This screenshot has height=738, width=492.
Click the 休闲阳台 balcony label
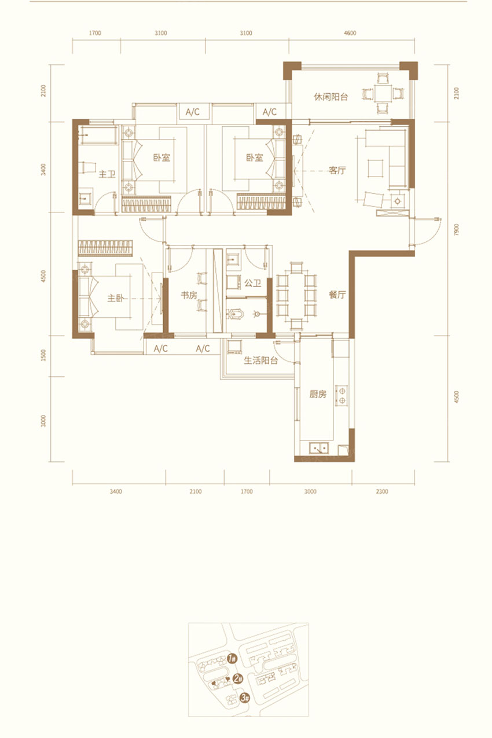pyautogui.click(x=331, y=97)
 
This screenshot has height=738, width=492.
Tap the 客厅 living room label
pyautogui.click(x=337, y=170)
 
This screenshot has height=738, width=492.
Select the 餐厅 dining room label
pyautogui.click(x=337, y=295)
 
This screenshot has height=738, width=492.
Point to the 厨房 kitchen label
pyautogui.click(x=318, y=394)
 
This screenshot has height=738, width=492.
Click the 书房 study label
pyautogui.click(x=189, y=295)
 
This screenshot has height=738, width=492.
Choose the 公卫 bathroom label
pyautogui.click(x=253, y=282)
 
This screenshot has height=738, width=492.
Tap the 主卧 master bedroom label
pyautogui.click(x=116, y=298)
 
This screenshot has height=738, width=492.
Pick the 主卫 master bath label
pyautogui.click(x=107, y=174)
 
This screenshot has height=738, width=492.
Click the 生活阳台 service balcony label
pyautogui.click(x=260, y=361)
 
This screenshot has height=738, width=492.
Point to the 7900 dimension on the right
pyautogui.click(x=456, y=230)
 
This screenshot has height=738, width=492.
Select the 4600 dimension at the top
pyautogui.click(x=350, y=33)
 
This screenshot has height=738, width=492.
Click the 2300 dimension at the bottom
pyautogui.click(x=382, y=491)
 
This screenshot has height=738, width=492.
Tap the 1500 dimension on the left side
pyautogui.click(x=43, y=355)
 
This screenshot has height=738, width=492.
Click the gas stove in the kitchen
pyautogui.click(x=342, y=395)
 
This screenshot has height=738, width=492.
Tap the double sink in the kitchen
pyautogui.click(x=318, y=448)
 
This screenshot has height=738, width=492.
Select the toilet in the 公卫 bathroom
pyautogui.click(x=236, y=314)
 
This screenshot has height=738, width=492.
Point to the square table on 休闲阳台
pyautogui.click(x=383, y=94)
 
